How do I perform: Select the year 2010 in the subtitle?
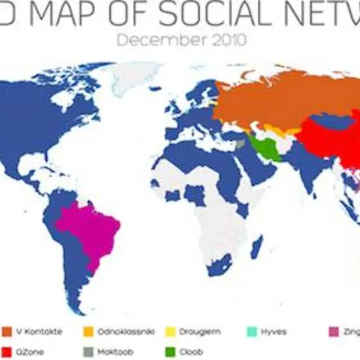[x=227, y=41]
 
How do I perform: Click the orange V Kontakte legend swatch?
[x=6, y=332]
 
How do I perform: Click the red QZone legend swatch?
[x=6, y=351]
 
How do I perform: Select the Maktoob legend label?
[x=114, y=351]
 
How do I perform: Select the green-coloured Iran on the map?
[x=264, y=148]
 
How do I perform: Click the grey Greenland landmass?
[x=136, y=75]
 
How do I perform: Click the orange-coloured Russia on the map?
[x=279, y=99]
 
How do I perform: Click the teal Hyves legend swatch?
[x=251, y=332]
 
